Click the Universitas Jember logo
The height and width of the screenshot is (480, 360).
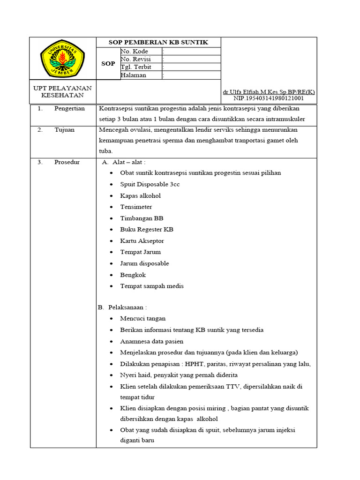62,58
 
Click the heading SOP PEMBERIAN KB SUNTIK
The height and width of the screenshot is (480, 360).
158,42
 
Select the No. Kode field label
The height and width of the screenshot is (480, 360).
135,51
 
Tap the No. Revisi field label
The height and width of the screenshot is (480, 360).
135,59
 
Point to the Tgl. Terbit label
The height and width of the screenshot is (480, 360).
136,67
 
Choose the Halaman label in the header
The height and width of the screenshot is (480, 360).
134,75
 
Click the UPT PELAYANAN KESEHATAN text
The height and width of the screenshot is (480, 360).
62,91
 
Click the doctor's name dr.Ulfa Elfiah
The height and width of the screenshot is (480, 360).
269,92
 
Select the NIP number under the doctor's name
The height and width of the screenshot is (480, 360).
269,98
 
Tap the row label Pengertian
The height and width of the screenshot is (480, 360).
69,108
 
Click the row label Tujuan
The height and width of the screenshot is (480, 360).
64,130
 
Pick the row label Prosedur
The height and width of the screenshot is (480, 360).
67,162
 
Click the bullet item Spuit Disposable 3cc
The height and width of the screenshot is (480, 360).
150,184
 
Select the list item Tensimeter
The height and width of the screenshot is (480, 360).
136,207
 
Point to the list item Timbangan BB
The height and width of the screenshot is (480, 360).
142,218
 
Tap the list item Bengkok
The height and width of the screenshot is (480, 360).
133,275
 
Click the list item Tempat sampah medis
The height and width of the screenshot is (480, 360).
152,286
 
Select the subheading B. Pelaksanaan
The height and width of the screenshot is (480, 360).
122,307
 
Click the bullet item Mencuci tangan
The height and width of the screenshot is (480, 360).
142,318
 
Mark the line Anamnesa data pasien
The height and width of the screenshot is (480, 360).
151,341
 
